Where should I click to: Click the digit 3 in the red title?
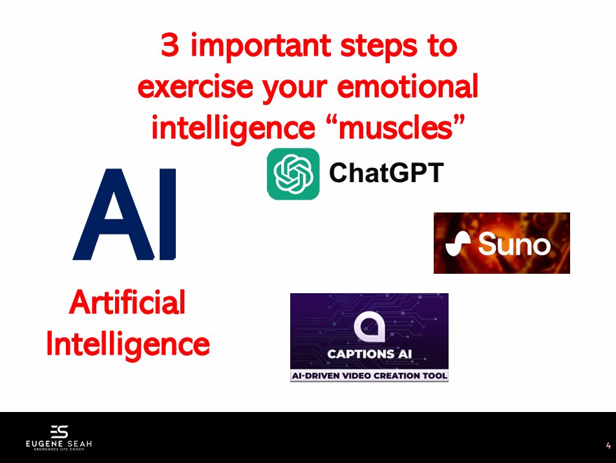tap(170, 45)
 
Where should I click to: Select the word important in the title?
tap(261, 46)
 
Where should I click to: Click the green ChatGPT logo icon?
tap(293, 174)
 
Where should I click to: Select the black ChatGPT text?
tap(386, 172)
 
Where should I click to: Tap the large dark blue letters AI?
tap(125, 214)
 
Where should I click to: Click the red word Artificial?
tap(127, 302)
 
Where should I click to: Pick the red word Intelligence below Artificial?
tap(128, 344)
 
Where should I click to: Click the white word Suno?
tap(515, 243)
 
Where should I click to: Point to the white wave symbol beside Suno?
tap(458, 243)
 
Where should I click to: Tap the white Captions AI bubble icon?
tap(369, 326)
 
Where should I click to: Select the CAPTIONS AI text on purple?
tap(369, 354)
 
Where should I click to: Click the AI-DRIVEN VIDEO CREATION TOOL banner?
tap(369, 376)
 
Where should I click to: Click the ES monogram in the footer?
tap(59, 431)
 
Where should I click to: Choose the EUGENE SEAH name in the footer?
tap(59, 444)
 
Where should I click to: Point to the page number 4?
tap(608, 446)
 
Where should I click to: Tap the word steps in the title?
tap(378, 47)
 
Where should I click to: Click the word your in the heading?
tap(295, 88)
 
